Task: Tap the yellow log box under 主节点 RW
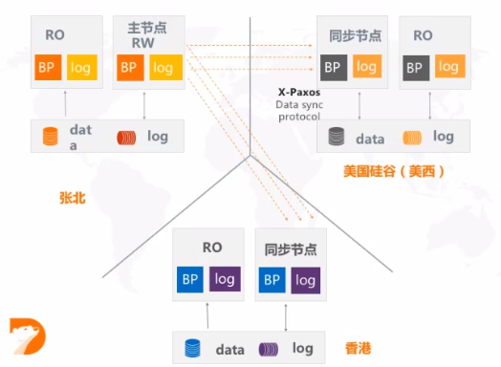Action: pos(163,68)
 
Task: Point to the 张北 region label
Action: pos(73,198)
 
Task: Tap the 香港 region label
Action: pos(359,348)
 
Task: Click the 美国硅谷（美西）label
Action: pos(395,171)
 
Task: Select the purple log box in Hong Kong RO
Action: pos(224,280)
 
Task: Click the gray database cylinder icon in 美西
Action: pos(336,138)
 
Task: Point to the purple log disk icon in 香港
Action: pos(269,349)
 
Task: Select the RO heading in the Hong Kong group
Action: pos(211,248)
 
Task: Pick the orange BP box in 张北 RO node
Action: pos(47,68)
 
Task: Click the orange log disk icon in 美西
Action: pos(412,137)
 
